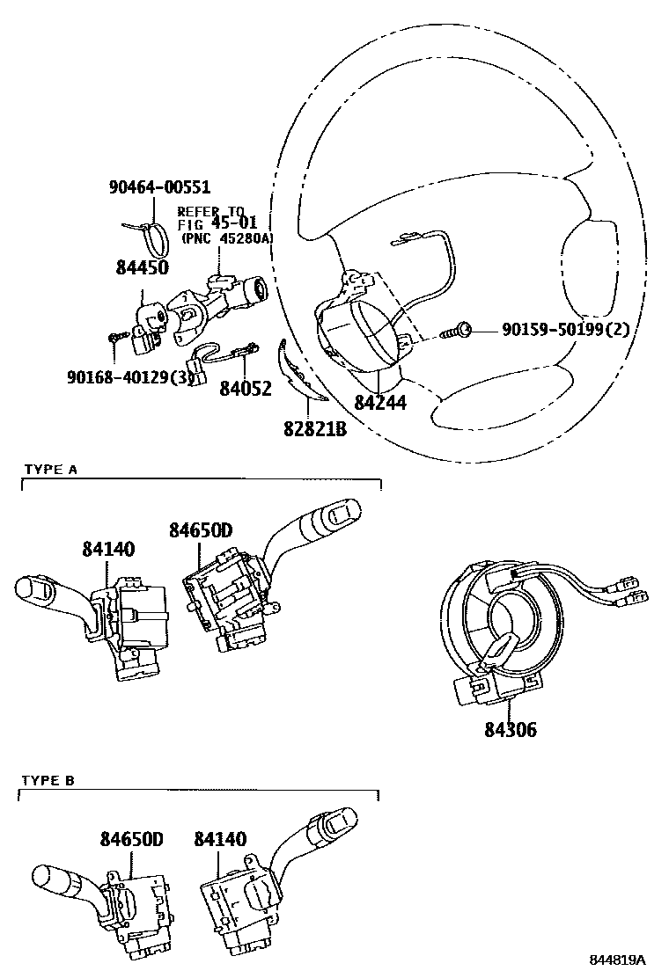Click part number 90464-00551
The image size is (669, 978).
159,187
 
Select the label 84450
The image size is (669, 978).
143,267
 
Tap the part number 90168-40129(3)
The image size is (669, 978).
130,378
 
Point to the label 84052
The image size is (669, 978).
246,389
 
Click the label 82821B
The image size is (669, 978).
315,429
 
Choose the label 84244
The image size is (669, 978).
380,402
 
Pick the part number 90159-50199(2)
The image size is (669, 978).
565,329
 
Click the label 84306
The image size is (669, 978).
511,729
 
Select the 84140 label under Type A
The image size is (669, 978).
108,549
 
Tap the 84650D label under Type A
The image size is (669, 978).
201,529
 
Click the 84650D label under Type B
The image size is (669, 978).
132,839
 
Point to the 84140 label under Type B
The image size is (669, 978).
220,839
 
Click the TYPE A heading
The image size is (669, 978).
50,470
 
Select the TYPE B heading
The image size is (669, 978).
48,780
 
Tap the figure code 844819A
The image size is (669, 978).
618,960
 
